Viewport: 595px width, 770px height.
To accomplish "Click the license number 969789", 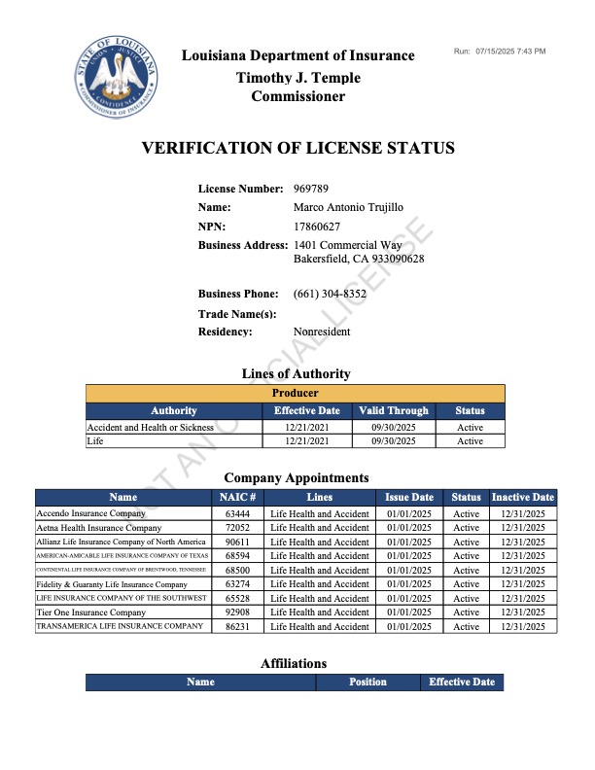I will [311, 188].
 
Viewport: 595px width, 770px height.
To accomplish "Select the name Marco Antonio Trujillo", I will [348, 207].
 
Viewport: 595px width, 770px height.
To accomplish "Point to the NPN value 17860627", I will [317, 227].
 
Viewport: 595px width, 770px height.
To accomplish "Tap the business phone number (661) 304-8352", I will [330, 294].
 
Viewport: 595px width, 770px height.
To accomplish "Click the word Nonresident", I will [322, 332].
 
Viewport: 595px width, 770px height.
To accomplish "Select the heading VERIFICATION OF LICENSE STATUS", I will [297, 149].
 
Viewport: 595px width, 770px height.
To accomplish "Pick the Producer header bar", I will [295, 393].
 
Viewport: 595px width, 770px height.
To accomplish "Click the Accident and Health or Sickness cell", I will [150, 427].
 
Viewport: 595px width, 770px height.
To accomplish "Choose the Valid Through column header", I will [393, 410].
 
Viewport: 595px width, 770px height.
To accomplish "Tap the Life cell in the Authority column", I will [95, 440].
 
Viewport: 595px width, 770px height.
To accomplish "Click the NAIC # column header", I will [238, 497].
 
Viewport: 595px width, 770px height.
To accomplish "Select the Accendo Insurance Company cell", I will [90, 513].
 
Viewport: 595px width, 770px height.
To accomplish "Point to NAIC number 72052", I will [237, 528].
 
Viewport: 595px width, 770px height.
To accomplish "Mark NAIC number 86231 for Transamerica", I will [237, 627].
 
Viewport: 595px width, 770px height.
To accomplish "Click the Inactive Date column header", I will [523, 497].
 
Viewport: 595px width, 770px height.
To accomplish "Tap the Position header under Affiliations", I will [367, 682].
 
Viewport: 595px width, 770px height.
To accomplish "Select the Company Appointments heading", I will [297, 477].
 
